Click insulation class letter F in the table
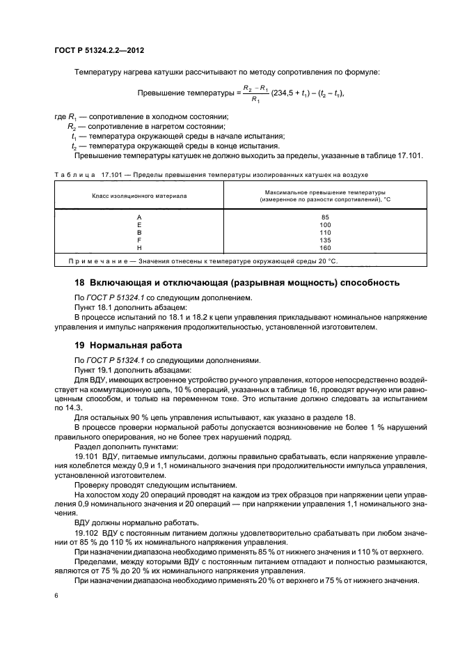140,240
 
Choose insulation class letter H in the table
140,247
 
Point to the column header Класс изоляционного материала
139,196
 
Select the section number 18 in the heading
79,283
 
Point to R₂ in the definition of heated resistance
72,127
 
